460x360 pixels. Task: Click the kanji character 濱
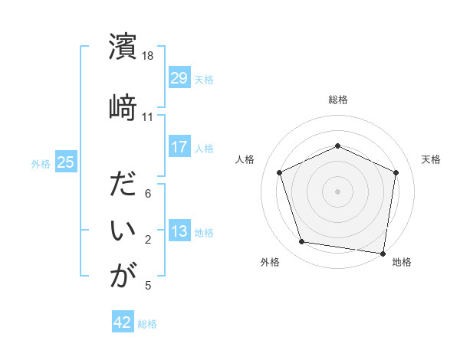click(123, 47)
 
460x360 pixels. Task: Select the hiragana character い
click(123, 230)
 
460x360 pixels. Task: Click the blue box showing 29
click(179, 78)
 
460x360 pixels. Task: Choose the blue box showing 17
click(179, 147)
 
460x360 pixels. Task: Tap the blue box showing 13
click(179, 231)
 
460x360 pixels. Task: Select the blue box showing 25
click(65, 162)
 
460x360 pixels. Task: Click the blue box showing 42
click(123, 322)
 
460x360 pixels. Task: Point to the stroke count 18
click(148, 57)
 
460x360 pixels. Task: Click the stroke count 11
click(148, 117)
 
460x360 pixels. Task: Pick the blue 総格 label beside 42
click(148, 323)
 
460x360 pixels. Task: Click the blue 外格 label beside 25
click(41, 162)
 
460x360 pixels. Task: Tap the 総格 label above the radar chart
click(338, 100)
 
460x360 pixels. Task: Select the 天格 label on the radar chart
click(431, 159)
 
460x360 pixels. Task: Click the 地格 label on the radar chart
click(402, 262)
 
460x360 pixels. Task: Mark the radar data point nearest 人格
click(280, 172)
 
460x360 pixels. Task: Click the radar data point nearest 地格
click(383, 252)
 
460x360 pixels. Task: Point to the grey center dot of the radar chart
click(338, 191)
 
